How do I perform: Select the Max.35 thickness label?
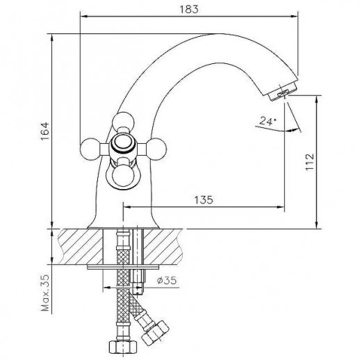pyautogui.click(x=46, y=295)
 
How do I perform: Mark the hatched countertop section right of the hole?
pyautogui.click(x=170, y=245)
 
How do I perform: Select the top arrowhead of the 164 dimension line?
pyautogui.click(x=54, y=32)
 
